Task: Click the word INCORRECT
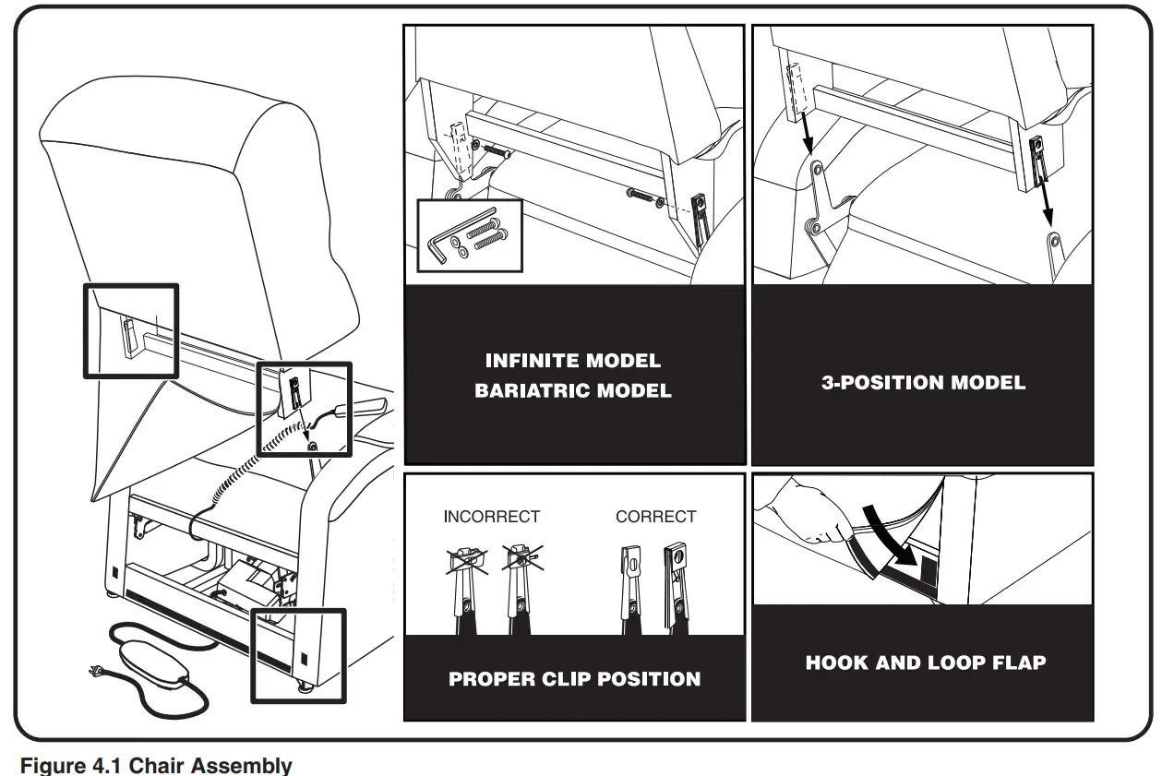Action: [x=491, y=517]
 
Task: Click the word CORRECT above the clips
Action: [x=655, y=517]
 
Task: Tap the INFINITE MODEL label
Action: [x=573, y=361]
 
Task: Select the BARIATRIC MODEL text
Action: [x=573, y=391]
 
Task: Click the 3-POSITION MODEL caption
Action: [x=923, y=383]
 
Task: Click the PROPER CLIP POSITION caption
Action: [x=574, y=679]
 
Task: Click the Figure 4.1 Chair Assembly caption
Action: [x=156, y=765]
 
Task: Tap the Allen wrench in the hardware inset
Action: [x=442, y=243]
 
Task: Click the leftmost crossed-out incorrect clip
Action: [x=467, y=586]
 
